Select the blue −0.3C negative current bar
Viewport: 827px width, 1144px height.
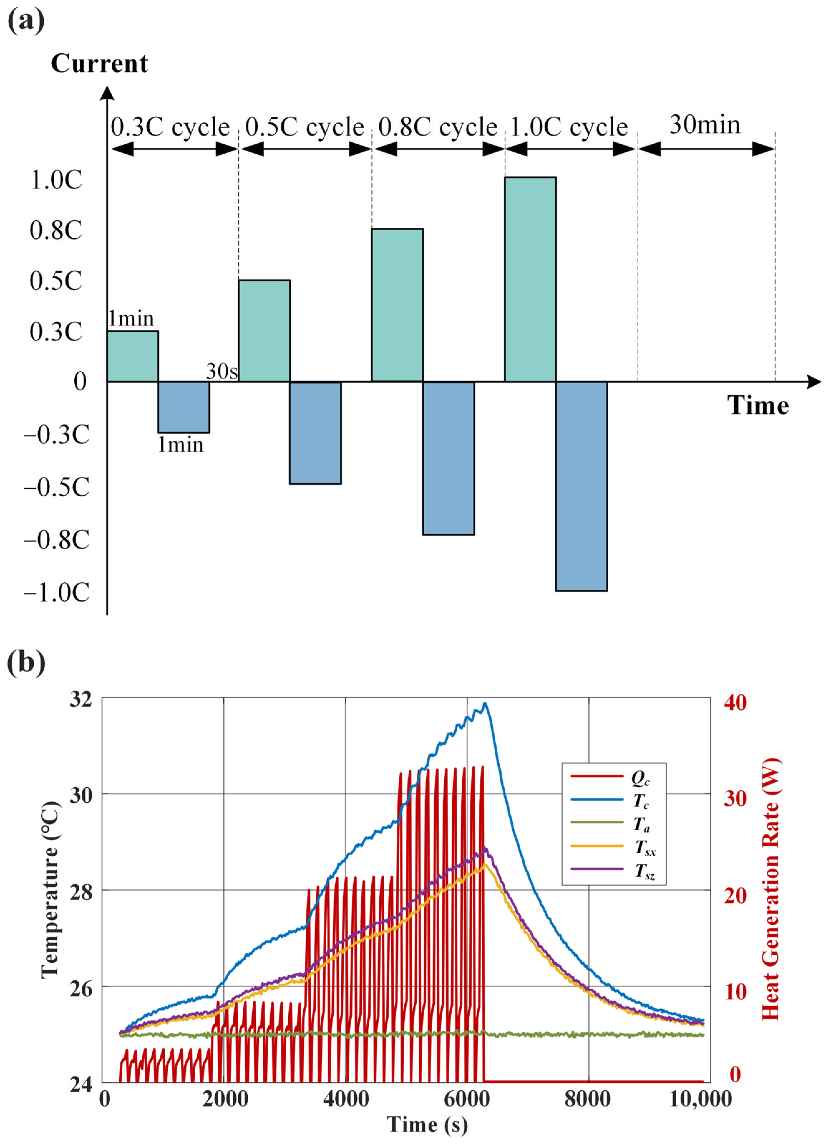[x=184, y=407]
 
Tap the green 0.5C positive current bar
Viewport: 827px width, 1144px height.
[x=264, y=331]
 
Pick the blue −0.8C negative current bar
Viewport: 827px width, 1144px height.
[x=449, y=458]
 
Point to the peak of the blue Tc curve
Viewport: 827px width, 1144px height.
[x=485, y=703]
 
